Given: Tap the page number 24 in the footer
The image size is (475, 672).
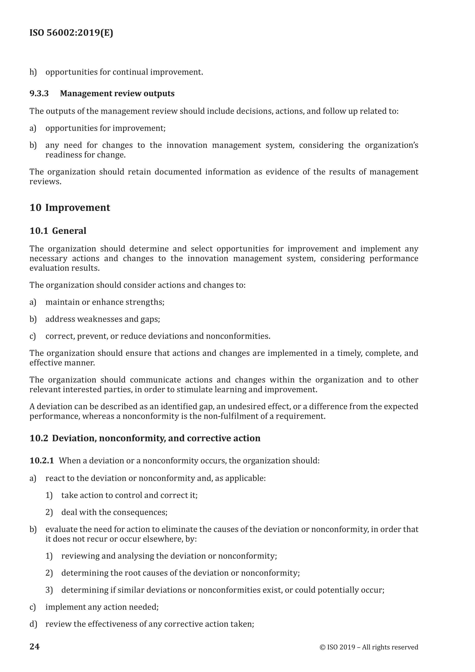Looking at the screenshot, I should coord(35,646).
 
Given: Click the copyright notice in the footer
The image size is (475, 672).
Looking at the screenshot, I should coord(369,647).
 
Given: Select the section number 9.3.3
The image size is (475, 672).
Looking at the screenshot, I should coord(39,94).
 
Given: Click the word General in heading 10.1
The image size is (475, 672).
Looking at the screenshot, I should coord(69,231).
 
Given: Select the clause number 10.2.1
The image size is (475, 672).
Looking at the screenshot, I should coord(42,461).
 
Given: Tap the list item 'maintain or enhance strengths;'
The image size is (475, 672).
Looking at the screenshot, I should coord(105,302).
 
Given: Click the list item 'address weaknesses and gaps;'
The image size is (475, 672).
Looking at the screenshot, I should coord(103,319).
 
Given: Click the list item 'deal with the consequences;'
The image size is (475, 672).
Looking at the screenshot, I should coord(114,512).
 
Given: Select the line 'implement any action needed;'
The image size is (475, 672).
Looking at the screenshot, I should coord(102,607).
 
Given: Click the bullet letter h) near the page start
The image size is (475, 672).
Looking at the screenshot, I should coord(33,72).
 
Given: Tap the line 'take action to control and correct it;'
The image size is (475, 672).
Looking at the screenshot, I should coord(129,495).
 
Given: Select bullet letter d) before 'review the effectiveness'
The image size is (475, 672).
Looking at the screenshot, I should coord(33,624).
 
